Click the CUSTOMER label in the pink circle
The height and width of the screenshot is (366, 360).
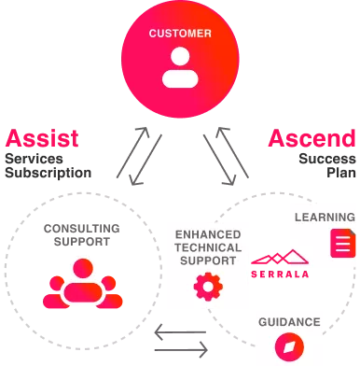(180, 35)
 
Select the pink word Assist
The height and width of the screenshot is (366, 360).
(43, 138)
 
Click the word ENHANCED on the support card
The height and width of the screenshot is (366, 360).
(207, 233)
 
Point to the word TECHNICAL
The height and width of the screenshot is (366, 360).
(207, 246)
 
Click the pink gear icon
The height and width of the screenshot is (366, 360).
(206, 286)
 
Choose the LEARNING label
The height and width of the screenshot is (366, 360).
(325, 218)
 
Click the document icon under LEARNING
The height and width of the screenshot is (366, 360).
(343, 245)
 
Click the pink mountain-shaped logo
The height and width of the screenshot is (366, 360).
(284, 258)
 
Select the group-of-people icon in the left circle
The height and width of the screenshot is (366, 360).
(82, 283)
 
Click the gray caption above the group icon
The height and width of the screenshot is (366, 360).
(78, 234)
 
